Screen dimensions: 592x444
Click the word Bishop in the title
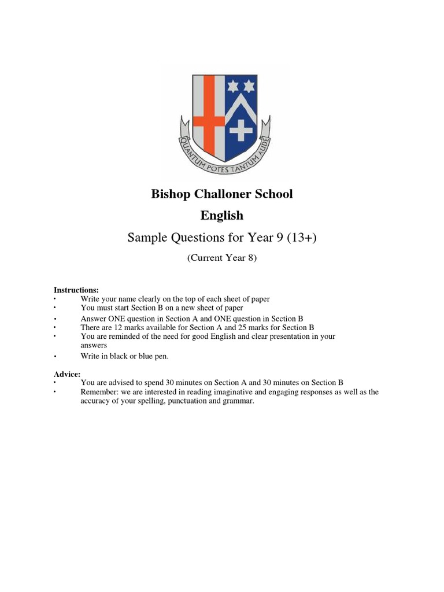pyautogui.click(x=171, y=194)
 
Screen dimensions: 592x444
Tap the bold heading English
pyautogui.click(x=222, y=216)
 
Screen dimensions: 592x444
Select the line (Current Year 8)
pyautogui.click(x=221, y=258)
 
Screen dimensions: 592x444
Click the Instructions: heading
pyautogui.click(x=76, y=290)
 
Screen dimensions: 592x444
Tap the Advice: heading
pyautogui.click(x=67, y=375)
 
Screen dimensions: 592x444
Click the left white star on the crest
pyautogui.click(x=234, y=86)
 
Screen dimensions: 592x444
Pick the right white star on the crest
pyautogui.click(x=249, y=86)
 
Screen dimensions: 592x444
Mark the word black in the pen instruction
pyautogui.click(x=118, y=356)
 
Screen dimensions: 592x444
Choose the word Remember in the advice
pyautogui.click(x=99, y=392)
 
